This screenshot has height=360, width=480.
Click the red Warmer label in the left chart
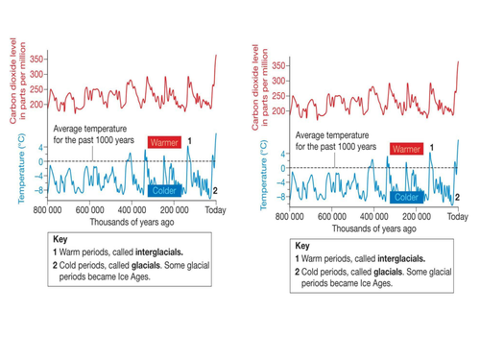point(164,142)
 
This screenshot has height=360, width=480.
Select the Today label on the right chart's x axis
point(457,217)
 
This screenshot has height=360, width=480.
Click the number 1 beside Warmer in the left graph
point(189,141)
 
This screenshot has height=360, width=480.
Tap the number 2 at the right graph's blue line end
point(457,197)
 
